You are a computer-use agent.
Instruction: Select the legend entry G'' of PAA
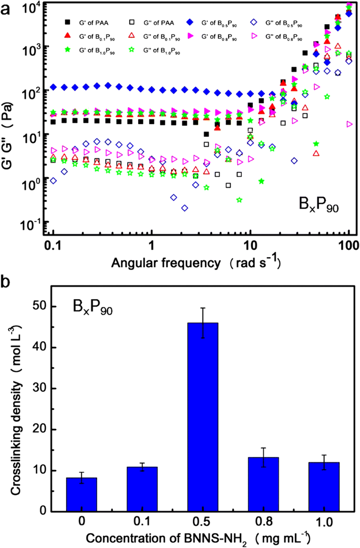149,22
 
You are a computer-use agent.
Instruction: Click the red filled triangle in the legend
67,36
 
